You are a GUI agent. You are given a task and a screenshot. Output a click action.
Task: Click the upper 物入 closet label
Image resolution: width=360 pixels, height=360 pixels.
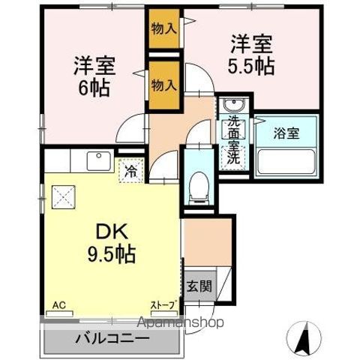tap(163, 28)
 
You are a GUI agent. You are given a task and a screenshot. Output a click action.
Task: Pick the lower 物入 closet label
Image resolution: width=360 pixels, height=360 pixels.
tap(163, 83)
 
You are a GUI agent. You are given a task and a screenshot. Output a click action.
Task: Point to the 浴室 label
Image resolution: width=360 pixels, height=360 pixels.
tap(285, 133)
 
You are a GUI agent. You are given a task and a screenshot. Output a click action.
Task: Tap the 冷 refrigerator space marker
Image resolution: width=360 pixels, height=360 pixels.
tap(131, 171)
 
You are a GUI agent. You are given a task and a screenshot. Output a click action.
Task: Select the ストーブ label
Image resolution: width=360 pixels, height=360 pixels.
tap(163, 305)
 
